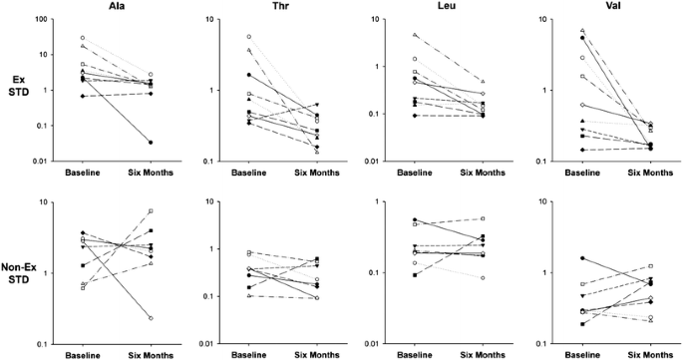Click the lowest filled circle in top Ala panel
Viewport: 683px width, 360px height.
[x=151, y=143]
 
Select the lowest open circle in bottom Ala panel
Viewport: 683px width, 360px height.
[x=151, y=318]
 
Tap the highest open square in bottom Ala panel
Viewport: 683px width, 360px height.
[x=151, y=211]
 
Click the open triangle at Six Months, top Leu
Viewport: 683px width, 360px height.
[x=482, y=81]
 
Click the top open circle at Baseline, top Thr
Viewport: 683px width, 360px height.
[x=248, y=37]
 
